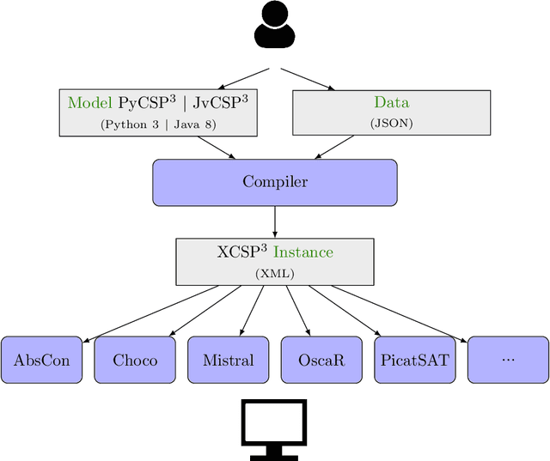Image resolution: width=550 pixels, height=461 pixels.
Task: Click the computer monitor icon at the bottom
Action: click(x=274, y=428)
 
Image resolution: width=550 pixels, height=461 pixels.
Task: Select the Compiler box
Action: click(x=274, y=182)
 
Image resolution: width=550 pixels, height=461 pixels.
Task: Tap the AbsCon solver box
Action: click(x=41, y=360)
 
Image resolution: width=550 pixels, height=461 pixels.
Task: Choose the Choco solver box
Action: click(x=135, y=360)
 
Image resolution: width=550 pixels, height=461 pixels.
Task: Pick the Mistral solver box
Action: click(x=228, y=360)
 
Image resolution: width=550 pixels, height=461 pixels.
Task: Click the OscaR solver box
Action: click(x=321, y=360)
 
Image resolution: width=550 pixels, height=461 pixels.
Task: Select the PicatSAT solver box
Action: click(x=414, y=360)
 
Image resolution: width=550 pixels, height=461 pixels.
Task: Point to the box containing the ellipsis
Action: click(x=507, y=360)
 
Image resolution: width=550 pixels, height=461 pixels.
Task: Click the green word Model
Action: click(x=90, y=103)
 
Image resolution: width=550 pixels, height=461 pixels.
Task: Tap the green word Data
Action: click(x=391, y=103)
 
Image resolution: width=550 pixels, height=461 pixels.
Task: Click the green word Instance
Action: click(x=302, y=252)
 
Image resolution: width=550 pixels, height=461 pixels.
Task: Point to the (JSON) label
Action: click(x=391, y=124)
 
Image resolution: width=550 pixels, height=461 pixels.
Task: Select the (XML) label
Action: click(x=274, y=273)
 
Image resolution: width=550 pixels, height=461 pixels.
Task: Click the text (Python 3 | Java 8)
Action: click(x=158, y=124)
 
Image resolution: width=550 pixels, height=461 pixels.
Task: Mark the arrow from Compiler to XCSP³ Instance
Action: click(x=274, y=221)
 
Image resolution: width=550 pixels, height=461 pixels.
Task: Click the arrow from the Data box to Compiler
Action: click(x=332, y=147)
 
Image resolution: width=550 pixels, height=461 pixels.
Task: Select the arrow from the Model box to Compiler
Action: click(x=217, y=147)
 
